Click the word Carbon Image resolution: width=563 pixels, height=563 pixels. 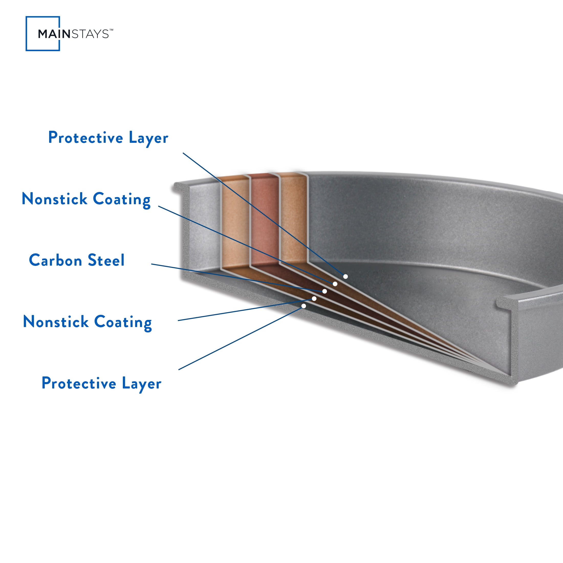(56, 260)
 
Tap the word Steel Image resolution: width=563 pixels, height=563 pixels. (106, 260)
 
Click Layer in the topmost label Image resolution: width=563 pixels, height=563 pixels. (148, 138)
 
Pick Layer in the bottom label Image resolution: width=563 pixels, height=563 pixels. (142, 384)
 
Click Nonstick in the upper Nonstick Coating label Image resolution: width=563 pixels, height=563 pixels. (55, 199)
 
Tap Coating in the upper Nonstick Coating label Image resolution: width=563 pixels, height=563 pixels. (122, 200)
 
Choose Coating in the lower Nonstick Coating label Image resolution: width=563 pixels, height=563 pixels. (123, 323)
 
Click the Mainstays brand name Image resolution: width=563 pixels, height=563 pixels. (73, 34)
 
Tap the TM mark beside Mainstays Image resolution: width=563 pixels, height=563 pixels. (111, 30)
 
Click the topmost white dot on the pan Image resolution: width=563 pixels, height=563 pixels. (345, 276)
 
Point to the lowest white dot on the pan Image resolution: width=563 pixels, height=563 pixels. (304, 306)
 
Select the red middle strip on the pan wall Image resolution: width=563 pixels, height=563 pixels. (265, 220)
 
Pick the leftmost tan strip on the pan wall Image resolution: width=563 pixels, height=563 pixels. (235, 223)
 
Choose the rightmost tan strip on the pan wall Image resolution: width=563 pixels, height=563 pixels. (294, 219)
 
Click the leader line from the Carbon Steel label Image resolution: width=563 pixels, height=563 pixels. (238, 278)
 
